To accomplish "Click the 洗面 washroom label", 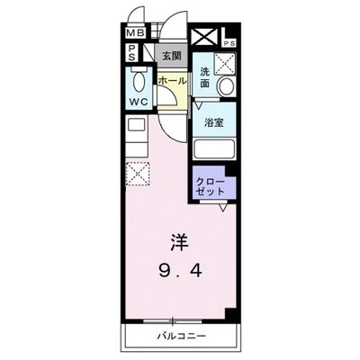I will pos(205,77).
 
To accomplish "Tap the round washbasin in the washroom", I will pos(225,87).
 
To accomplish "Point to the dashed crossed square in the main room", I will pos(138,172).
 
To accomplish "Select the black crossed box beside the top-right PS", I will pos(204,38).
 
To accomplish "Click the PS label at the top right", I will pos(229,42).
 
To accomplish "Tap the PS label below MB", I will pos(130,55).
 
